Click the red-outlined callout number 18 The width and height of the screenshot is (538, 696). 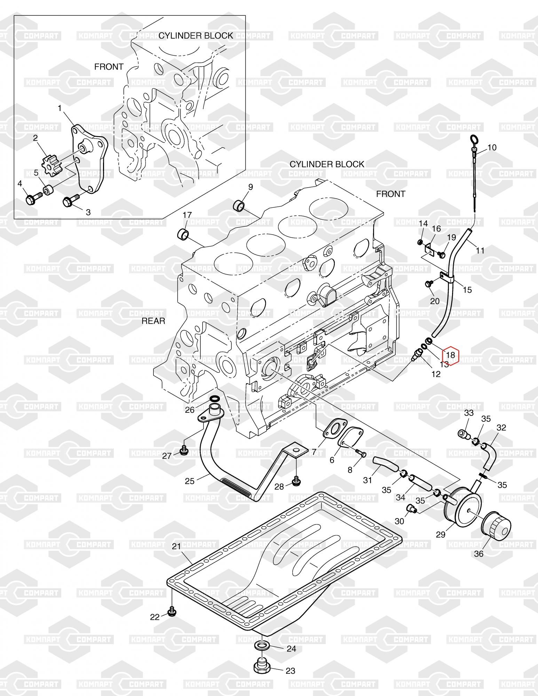[x=450, y=355]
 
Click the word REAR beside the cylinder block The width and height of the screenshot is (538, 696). [x=153, y=321]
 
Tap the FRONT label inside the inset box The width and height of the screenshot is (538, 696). [x=109, y=66]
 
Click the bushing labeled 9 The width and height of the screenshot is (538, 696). [x=239, y=206]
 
